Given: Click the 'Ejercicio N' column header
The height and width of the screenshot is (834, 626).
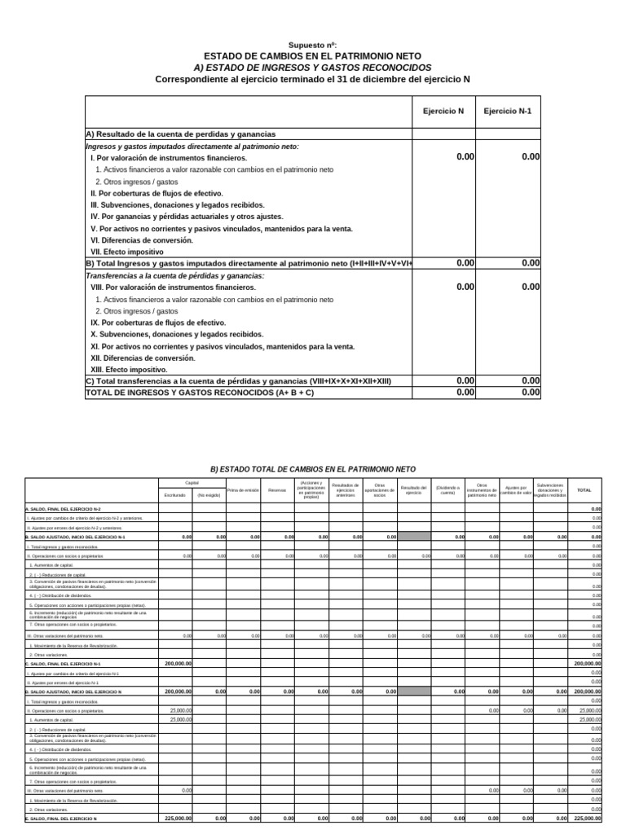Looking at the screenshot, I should (x=443, y=111).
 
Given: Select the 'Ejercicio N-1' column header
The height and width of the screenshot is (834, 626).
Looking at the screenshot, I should (x=508, y=111).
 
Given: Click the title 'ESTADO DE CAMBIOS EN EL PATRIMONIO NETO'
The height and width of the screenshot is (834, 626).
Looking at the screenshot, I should (x=313, y=55).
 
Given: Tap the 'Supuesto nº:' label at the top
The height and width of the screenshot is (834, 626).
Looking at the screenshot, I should (x=313, y=44).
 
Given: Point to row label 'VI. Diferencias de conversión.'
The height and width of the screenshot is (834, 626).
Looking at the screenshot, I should (x=142, y=240).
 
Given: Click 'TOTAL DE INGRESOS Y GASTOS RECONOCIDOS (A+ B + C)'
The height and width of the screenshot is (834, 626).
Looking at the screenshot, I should (x=200, y=393).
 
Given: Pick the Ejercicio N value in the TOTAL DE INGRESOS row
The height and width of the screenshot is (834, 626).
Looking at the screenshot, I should (x=465, y=393).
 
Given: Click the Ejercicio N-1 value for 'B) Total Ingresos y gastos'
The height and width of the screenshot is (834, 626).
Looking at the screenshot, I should (x=531, y=263).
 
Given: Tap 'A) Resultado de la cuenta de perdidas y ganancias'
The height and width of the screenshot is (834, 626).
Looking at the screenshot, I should (x=181, y=134).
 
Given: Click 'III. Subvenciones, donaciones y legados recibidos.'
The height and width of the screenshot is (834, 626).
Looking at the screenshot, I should (x=178, y=205).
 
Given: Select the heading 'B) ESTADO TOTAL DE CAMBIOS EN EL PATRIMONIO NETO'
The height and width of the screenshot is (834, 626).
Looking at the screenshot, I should (x=313, y=469).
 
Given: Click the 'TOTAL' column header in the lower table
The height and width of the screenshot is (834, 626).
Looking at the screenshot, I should (x=584, y=490).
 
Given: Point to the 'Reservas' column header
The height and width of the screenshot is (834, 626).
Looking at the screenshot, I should (x=277, y=490).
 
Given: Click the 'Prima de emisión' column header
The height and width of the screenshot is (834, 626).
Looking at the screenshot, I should (x=243, y=490).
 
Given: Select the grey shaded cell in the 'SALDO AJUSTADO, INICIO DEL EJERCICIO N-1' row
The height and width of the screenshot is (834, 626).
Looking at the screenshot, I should (x=414, y=538).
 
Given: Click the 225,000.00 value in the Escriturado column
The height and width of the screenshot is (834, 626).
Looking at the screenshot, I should (x=179, y=818).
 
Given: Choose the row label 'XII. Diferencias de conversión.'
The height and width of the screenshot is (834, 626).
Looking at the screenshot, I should (x=143, y=358).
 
